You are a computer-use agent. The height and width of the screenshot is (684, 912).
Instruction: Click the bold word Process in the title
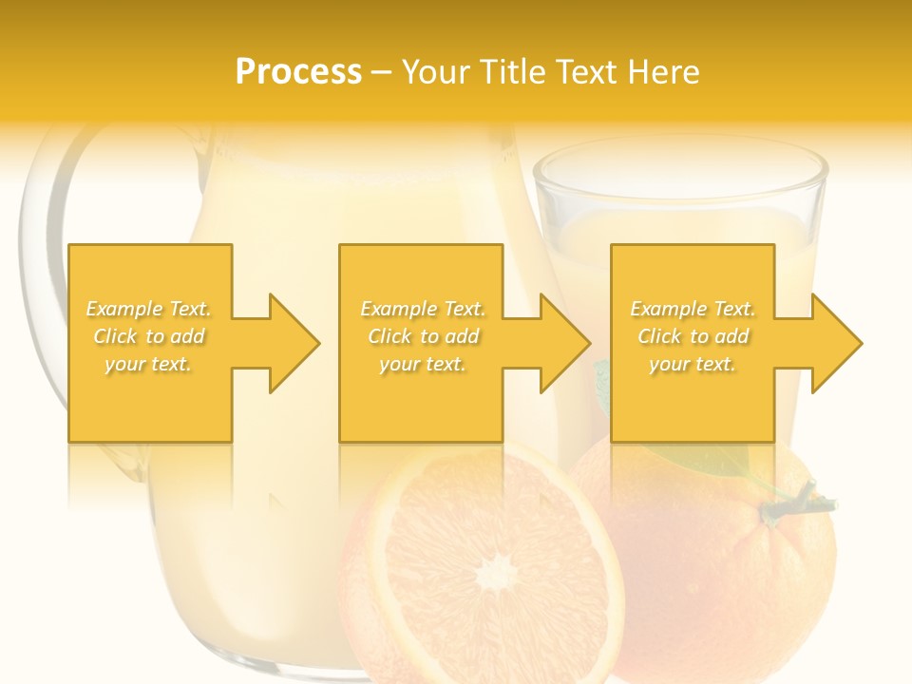point(298,72)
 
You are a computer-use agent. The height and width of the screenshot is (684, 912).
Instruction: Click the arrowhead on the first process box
point(294,343)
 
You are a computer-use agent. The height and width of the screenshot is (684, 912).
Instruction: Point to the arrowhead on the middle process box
point(565,343)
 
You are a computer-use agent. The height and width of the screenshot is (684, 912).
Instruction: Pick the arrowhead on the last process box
point(837,343)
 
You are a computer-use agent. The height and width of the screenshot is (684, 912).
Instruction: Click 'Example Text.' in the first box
point(148,309)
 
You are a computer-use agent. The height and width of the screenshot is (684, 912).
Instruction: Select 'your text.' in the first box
point(148,364)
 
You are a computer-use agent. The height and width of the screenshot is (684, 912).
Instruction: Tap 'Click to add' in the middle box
point(423,336)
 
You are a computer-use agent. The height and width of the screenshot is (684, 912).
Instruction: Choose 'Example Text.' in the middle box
point(423,309)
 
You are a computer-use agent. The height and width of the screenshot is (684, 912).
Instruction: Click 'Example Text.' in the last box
point(693,309)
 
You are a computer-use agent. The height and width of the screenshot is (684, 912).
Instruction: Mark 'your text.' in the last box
point(693,364)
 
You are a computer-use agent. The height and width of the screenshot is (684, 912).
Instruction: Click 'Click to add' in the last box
point(693,336)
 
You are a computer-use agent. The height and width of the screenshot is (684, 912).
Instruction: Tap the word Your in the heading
point(434,72)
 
